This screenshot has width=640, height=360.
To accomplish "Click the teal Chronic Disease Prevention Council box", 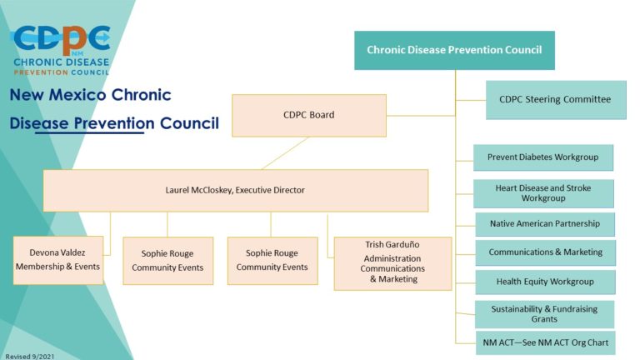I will pos(454,50).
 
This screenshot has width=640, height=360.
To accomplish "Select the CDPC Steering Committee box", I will pos(555,99).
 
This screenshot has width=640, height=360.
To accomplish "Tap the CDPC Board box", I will pos(308,115).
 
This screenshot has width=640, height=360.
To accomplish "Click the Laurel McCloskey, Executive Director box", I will pos(235,190).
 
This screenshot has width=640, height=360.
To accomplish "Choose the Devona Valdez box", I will pos(57,260).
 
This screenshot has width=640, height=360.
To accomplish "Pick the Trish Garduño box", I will pos(392,262).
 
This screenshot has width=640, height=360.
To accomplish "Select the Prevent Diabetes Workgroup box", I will pos(542,157).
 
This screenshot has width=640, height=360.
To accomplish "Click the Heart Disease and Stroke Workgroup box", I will pos(542,193).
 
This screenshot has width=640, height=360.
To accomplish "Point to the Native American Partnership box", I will pos(544,224).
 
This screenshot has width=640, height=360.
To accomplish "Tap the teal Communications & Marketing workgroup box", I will pos(545,252).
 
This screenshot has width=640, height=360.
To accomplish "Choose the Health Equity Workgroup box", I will pos(545,282).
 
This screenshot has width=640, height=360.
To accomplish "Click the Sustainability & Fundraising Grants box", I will pos(544,314).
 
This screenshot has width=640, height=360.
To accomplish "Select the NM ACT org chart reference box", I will pos(545,342).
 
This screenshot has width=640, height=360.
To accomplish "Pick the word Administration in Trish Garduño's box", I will pos(392,258).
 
